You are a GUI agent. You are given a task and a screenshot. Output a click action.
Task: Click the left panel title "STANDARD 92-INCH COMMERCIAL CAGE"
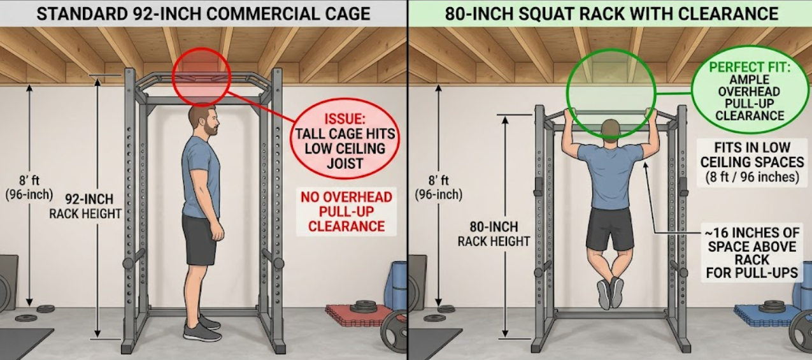pyautogui.click(x=203, y=14)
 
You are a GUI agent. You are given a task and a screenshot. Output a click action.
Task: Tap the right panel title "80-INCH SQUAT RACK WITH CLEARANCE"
pyautogui.click(x=611, y=14)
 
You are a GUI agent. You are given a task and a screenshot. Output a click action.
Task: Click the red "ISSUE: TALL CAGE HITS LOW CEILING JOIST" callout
pyautogui.click(x=345, y=138)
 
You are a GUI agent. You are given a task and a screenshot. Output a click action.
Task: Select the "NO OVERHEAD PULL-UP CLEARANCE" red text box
pyautogui.click(x=346, y=212)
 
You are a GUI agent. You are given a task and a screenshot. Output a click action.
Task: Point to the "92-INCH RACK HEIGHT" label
pyautogui.click(x=85, y=206)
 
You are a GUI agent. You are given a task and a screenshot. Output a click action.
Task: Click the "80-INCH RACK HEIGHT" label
pyautogui.click(x=494, y=234)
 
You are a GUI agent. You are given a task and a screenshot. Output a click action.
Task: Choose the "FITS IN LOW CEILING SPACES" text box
pyautogui.click(x=752, y=162)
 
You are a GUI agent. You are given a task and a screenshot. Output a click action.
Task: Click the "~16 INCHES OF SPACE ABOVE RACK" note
pyautogui.click(x=752, y=253)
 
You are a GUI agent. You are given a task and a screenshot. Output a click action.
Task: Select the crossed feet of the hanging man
pyautogui.click(x=611, y=293)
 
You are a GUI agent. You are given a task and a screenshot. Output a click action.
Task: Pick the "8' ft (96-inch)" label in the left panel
pyautogui.click(x=29, y=187)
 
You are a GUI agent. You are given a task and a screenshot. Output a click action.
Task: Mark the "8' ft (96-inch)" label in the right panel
pyautogui.click(x=439, y=187)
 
